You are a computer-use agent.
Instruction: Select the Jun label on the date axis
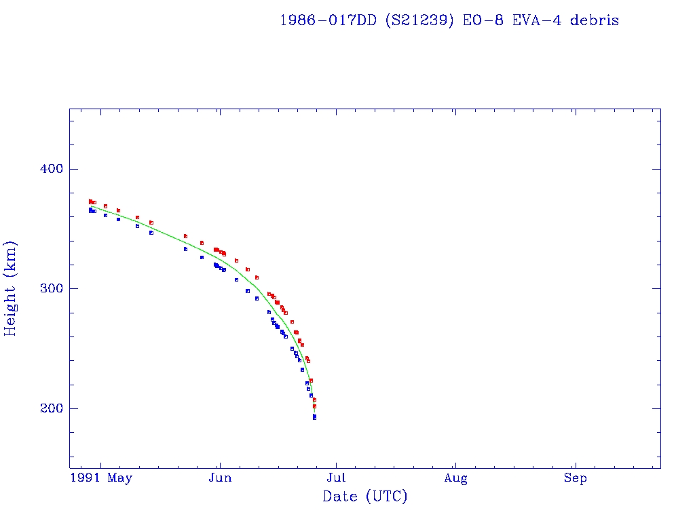[220, 478]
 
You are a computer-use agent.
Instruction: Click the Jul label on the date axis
[337, 478]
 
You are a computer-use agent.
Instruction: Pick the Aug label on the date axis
[456, 478]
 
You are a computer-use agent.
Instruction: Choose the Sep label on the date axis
[576, 478]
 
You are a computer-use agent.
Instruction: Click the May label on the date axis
[120, 478]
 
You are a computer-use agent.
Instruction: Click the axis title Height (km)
[11, 288]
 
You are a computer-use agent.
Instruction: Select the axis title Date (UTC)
[365, 497]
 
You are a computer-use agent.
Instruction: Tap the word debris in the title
[595, 20]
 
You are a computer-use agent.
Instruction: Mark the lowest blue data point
[314, 418]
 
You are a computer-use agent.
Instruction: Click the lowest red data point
[314, 406]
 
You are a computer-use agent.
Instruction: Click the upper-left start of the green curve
[90, 206]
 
